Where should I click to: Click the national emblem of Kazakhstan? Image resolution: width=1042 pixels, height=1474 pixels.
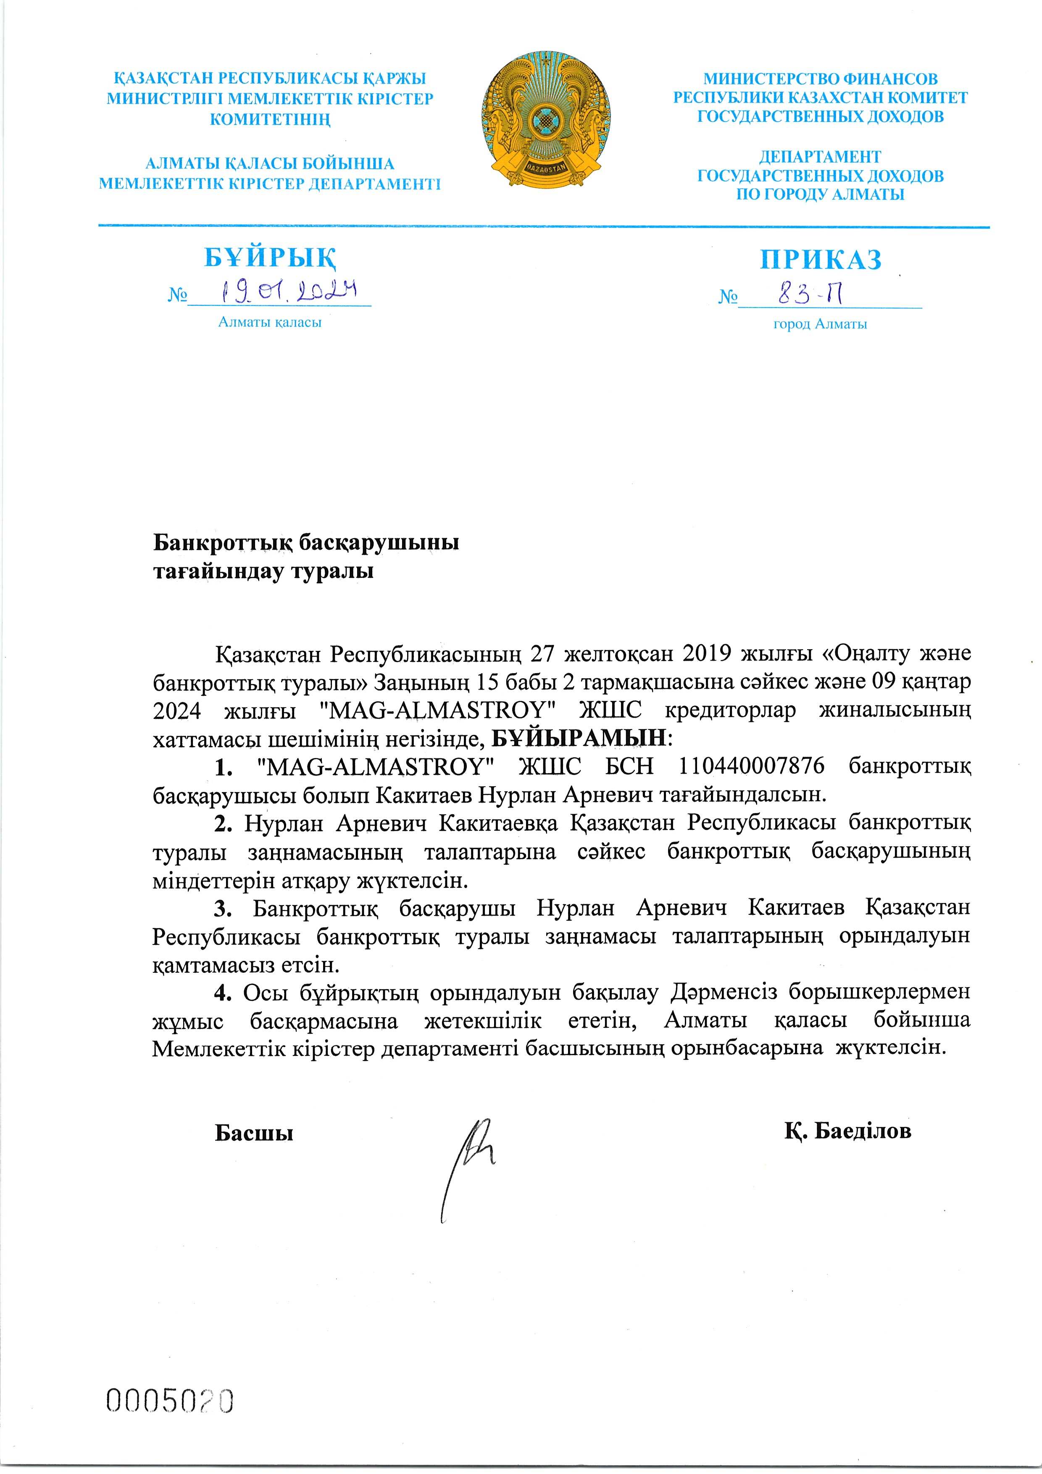pos(546,121)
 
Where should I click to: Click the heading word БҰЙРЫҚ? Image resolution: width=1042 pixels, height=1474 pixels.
pos(270,258)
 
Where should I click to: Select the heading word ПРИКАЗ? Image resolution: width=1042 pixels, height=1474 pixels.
pos(821,259)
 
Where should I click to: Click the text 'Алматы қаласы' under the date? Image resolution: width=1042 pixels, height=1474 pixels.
pos(270,322)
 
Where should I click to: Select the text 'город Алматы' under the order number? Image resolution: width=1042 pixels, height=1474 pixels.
pos(820,324)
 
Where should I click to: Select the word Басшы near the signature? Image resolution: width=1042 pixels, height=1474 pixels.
pos(254,1133)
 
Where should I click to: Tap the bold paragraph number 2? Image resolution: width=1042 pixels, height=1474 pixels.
pos(222,823)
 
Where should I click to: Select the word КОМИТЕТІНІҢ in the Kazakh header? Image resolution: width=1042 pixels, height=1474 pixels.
pos(270,119)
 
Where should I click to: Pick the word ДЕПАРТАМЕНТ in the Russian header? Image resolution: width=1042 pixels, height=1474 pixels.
pos(820,157)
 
